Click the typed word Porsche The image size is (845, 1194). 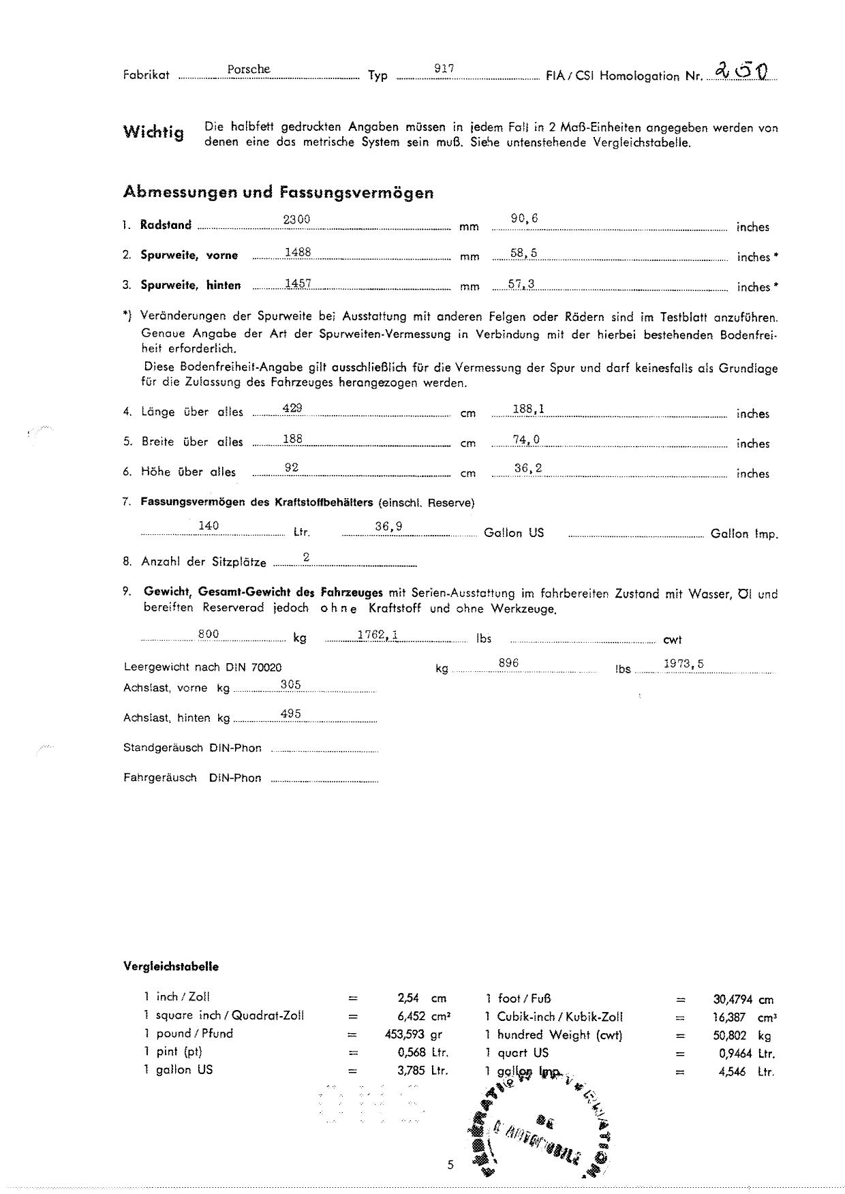point(249,69)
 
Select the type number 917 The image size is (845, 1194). point(444,69)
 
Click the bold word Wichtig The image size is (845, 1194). point(153,132)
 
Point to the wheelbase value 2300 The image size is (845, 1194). point(296,219)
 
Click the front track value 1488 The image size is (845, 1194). point(298,252)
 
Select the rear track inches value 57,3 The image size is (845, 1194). point(521,283)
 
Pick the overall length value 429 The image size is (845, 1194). point(292,408)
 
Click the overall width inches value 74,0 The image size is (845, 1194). point(526,440)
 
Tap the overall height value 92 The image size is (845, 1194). point(292,468)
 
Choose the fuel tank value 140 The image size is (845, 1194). point(208,525)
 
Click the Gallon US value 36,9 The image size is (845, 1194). point(388,526)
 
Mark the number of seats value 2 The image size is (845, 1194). point(307,557)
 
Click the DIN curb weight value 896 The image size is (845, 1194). point(508,662)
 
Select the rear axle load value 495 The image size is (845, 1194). point(291,714)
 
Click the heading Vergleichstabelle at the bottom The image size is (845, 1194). point(171,966)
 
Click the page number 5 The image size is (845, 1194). point(450,1165)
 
